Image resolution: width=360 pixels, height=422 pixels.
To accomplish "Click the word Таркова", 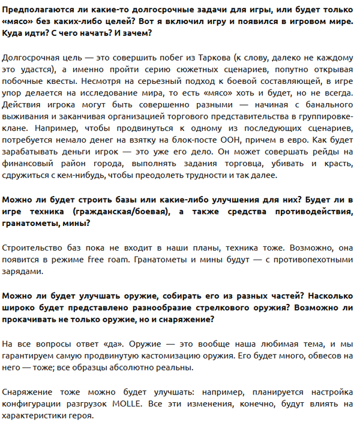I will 218,58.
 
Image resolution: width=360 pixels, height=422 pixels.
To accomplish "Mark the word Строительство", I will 31,246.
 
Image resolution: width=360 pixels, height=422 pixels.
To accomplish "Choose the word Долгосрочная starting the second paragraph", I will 30,58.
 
